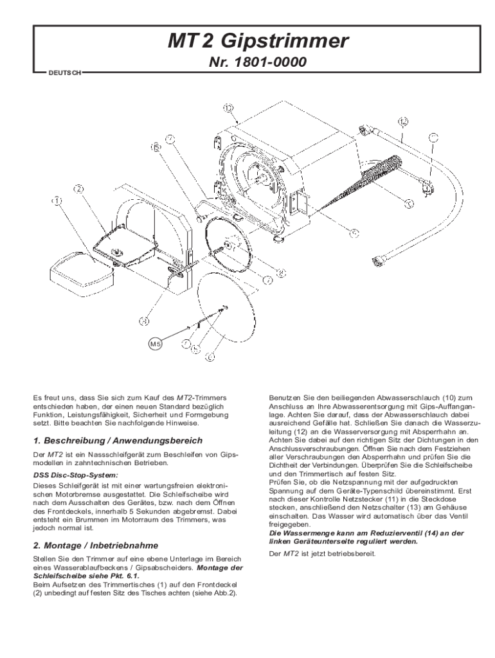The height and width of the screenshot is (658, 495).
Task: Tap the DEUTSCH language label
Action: [64, 73]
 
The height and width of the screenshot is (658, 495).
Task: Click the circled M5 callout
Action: [156, 344]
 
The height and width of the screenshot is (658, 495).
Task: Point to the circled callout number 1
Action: [57, 201]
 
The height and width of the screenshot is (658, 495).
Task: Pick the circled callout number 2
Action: [78, 189]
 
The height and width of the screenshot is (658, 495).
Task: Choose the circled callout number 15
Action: [156, 147]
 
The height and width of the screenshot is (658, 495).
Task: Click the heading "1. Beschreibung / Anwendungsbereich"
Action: [118, 441]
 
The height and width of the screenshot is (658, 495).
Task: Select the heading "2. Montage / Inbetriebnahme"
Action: [95, 545]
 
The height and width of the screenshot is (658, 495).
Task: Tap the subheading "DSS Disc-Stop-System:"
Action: [71, 474]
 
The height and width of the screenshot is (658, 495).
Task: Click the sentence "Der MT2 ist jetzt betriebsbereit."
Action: [321, 553]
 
